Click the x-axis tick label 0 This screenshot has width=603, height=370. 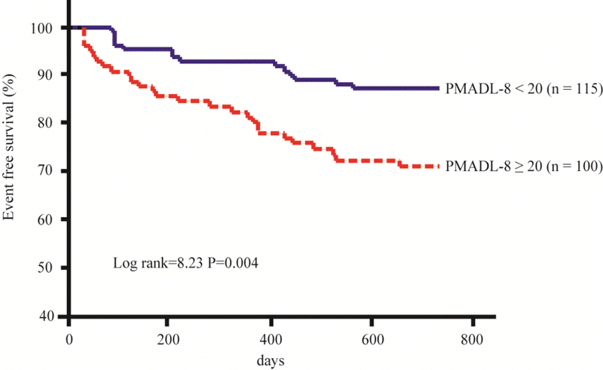(69, 336)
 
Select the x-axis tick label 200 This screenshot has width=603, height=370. (170, 336)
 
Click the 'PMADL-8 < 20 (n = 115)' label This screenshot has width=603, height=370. (522, 89)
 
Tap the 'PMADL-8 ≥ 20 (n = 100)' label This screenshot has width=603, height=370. (522, 166)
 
